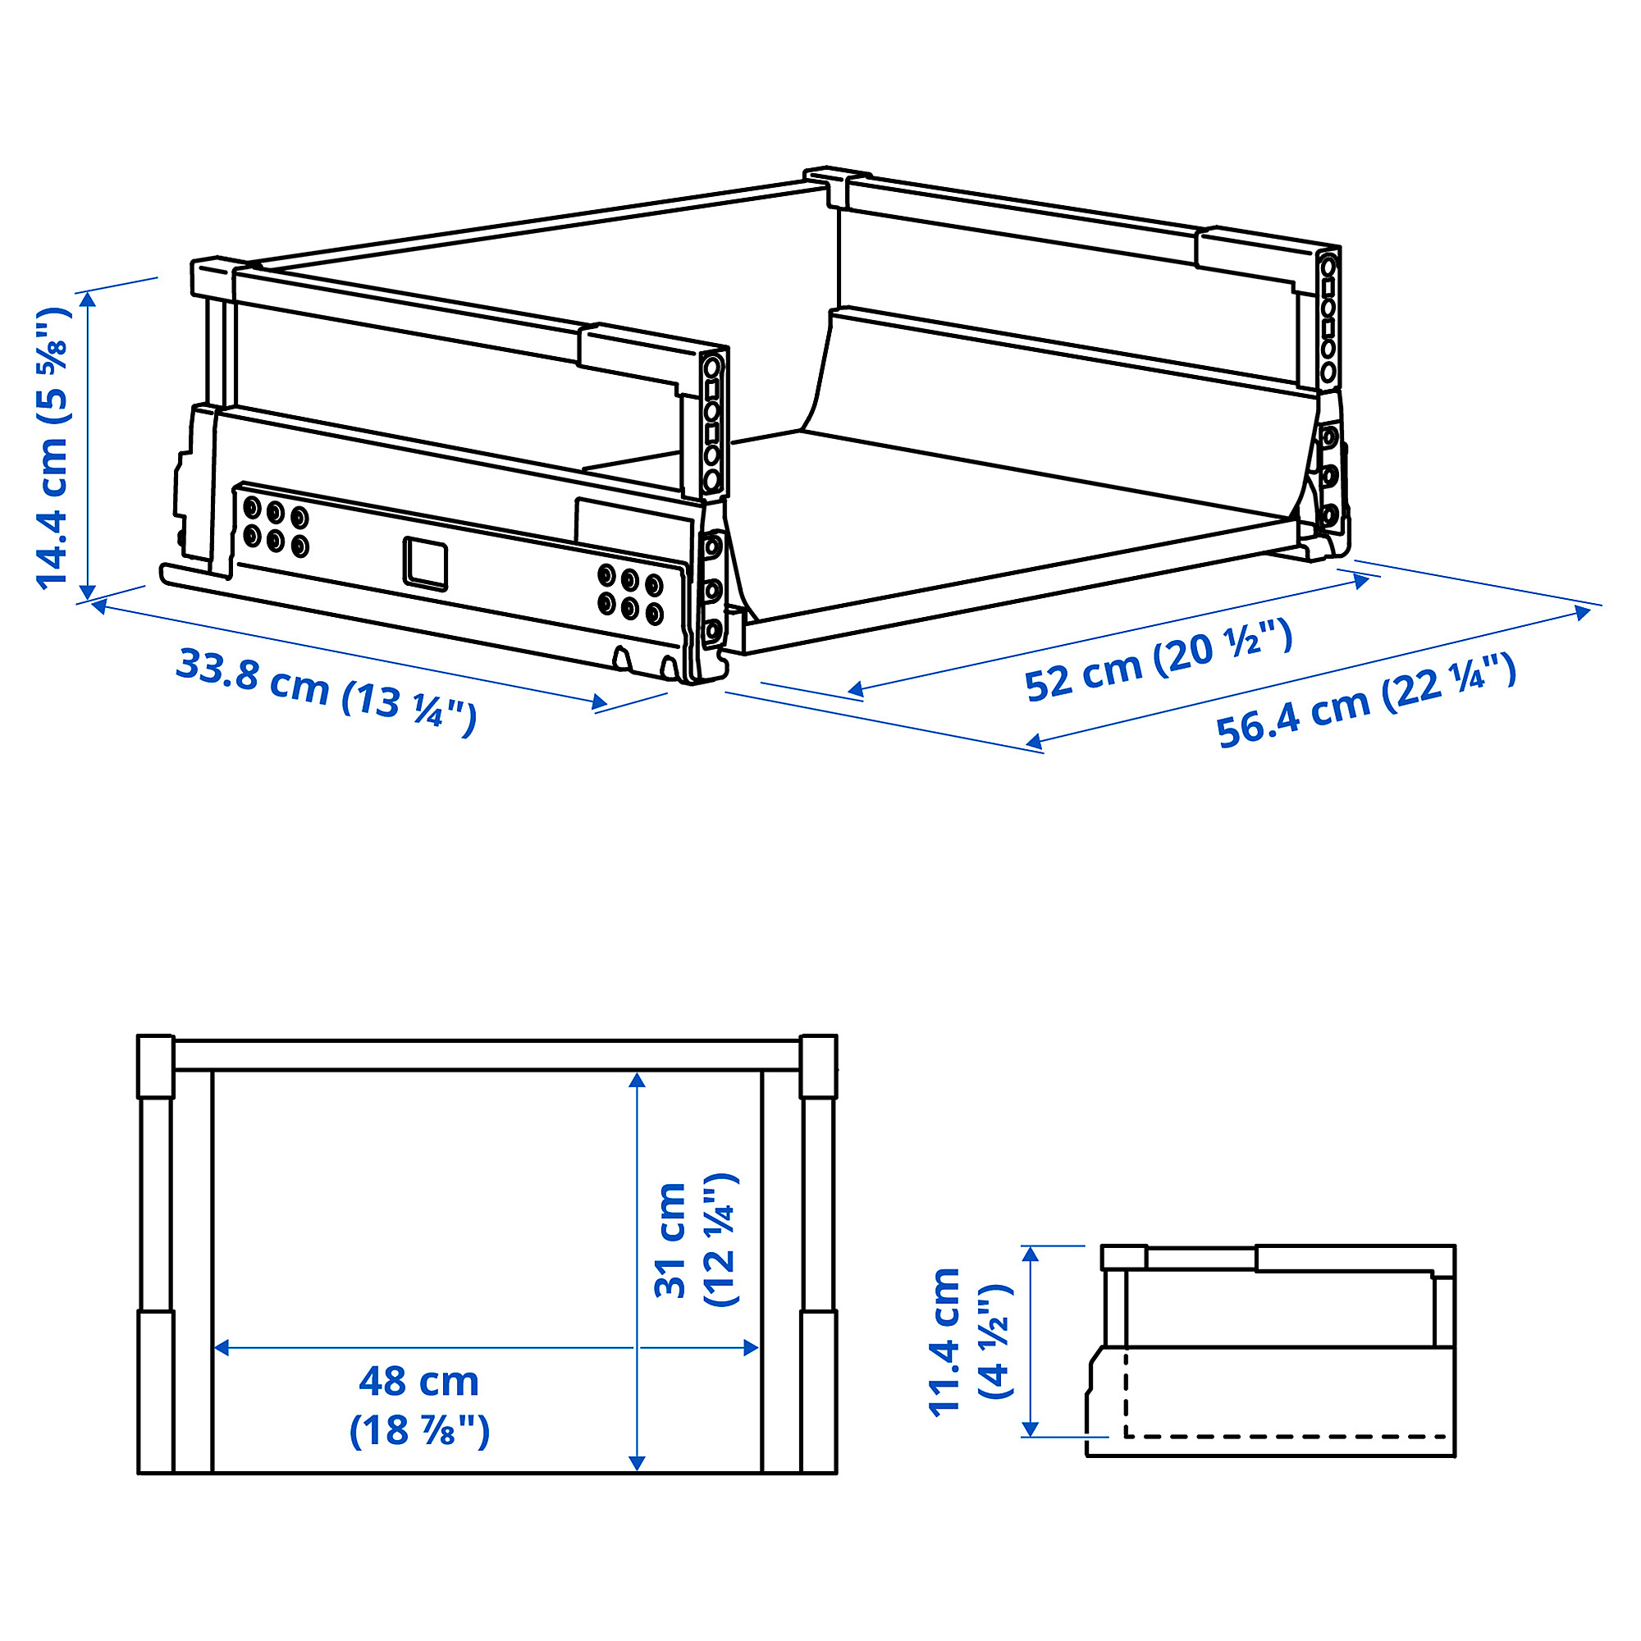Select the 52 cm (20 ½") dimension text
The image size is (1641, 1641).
click(1159, 660)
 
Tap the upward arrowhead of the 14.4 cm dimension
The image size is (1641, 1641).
click(87, 299)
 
